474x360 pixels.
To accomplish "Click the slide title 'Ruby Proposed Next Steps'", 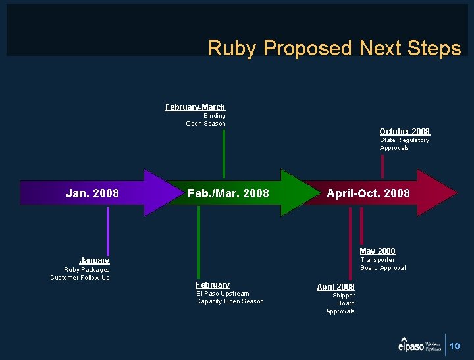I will coord(334,48).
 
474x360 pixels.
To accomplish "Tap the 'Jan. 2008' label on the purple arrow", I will coord(92,193).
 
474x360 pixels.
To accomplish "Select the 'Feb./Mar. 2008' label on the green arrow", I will coord(228,193).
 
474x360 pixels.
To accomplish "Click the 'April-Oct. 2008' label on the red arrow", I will coord(368,193).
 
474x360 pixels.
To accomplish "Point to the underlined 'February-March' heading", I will coord(195,107).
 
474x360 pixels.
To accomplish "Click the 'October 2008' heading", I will coord(404,132).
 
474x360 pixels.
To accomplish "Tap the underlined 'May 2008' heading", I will coord(377,251).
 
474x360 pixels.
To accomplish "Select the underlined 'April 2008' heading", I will coord(335,287).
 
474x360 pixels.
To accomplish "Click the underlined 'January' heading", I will coord(94,261).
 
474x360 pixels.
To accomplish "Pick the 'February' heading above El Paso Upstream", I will coord(213,284).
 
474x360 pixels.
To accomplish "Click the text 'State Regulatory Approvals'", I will coord(404,144).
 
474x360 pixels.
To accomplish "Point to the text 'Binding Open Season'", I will coord(207,120).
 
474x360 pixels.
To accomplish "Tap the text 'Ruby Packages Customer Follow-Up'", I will coord(81,274).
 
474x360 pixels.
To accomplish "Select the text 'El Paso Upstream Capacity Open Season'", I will coord(230,297).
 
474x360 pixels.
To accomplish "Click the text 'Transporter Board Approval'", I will coord(382,264).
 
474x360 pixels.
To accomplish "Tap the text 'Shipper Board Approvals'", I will coord(341,303).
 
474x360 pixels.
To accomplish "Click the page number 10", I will coord(455,346).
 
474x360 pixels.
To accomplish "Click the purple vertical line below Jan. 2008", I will coord(108,230).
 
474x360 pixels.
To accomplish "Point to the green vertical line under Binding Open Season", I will coord(224,153).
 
